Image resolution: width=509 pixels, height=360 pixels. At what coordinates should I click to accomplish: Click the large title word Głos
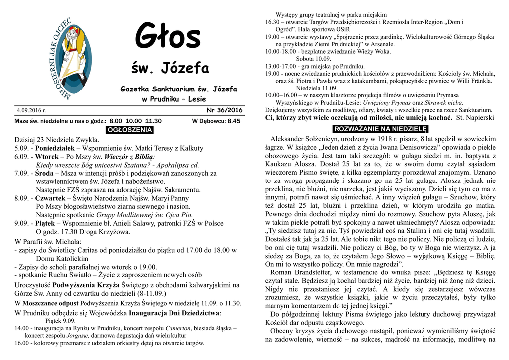(168, 37)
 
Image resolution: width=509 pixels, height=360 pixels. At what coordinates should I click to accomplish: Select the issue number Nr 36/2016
(224, 110)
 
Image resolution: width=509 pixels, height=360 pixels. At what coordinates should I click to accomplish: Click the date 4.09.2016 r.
(31, 110)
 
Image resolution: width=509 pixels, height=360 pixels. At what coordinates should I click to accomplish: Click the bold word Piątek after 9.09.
(47, 223)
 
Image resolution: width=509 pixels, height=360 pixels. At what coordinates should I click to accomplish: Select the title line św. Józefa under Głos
(170, 68)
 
